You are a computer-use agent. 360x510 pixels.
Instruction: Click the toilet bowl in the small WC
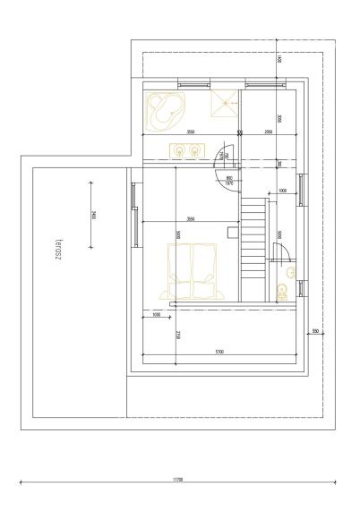[x=283, y=290]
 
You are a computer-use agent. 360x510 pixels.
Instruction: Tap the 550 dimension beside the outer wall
[x=315, y=331]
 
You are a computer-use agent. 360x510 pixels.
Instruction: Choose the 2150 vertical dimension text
[x=178, y=336]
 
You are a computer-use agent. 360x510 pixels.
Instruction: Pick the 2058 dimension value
[x=268, y=132]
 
